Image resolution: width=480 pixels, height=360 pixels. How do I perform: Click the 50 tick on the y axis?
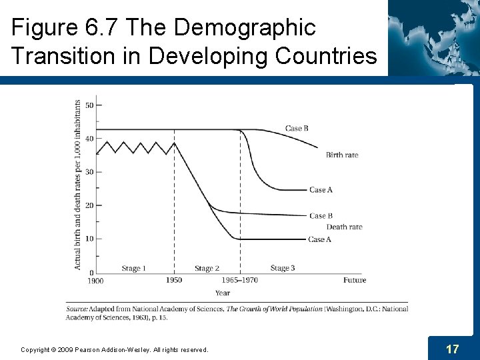[89, 105]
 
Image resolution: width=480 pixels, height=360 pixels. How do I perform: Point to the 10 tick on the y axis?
[89, 239]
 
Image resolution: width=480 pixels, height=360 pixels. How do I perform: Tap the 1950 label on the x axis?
[174, 280]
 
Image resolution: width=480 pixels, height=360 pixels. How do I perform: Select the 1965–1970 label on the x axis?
[241, 280]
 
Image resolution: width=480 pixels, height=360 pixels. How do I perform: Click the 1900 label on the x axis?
[95, 281]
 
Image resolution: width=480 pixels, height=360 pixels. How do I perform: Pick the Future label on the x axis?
[355, 280]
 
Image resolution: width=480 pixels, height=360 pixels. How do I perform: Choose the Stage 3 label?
[283, 268]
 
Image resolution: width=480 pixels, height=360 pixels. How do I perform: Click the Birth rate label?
[342, 155]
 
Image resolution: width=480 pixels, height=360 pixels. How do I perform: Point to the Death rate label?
[345, 227]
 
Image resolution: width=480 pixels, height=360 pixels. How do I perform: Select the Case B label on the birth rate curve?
[297, 128]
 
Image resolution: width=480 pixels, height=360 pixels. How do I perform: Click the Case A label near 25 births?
[321, 190]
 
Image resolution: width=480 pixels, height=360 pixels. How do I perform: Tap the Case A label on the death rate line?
[319, 239]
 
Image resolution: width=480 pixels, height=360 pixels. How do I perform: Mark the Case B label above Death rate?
[321, 215]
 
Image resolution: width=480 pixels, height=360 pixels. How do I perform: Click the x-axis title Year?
[223, 293]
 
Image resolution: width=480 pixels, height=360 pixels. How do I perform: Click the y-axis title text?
[78, 185]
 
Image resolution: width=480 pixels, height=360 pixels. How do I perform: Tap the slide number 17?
[452, 349]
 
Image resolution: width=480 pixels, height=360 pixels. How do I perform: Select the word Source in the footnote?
[78, 309]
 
